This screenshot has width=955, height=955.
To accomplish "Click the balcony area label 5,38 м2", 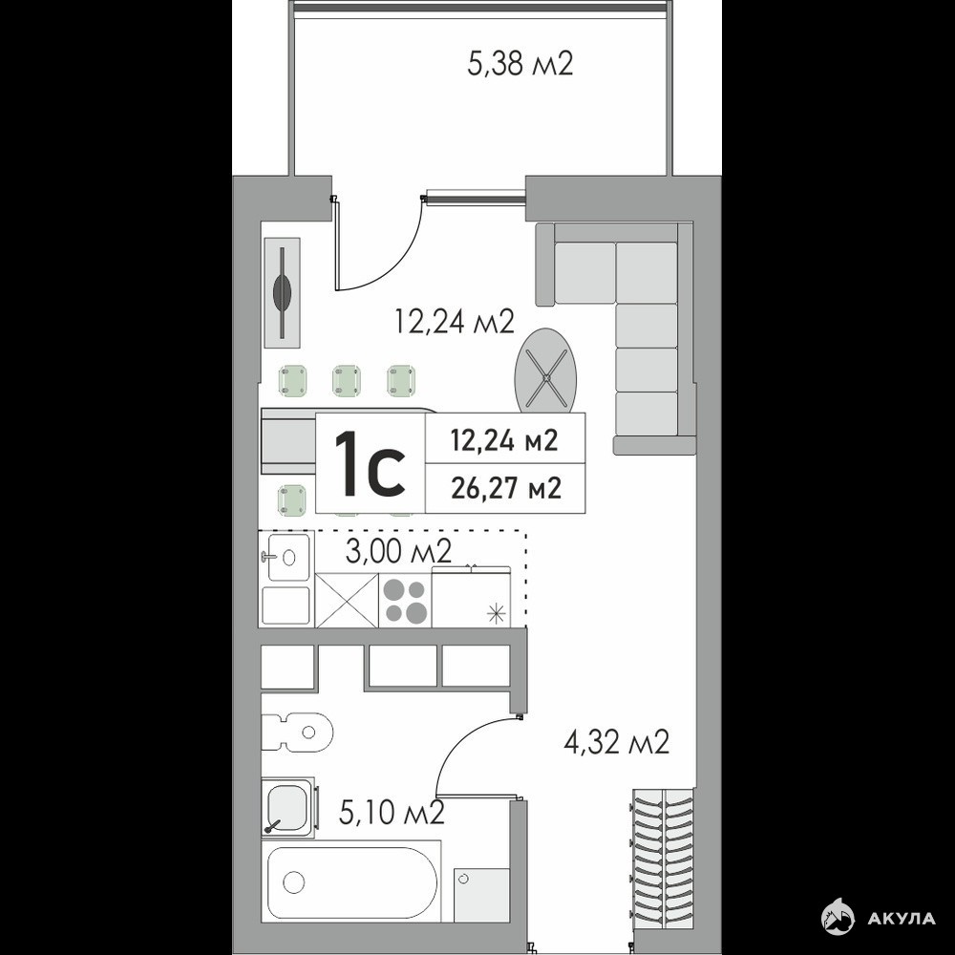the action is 520,63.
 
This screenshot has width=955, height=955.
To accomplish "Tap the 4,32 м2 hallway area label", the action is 616,742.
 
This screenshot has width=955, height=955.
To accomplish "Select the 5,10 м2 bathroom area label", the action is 391,813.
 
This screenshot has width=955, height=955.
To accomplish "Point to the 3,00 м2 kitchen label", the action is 398,551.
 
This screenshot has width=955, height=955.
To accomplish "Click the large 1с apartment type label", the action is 371,462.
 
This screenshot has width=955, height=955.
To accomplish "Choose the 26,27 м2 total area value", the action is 505,488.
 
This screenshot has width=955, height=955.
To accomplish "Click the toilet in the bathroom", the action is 297,732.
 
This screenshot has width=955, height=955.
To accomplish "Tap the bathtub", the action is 351,881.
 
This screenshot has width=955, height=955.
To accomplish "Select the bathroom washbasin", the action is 288,806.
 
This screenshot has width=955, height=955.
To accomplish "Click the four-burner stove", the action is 404,601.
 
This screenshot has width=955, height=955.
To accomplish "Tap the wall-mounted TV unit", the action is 283,292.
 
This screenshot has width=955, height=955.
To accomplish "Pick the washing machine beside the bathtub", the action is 481,896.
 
